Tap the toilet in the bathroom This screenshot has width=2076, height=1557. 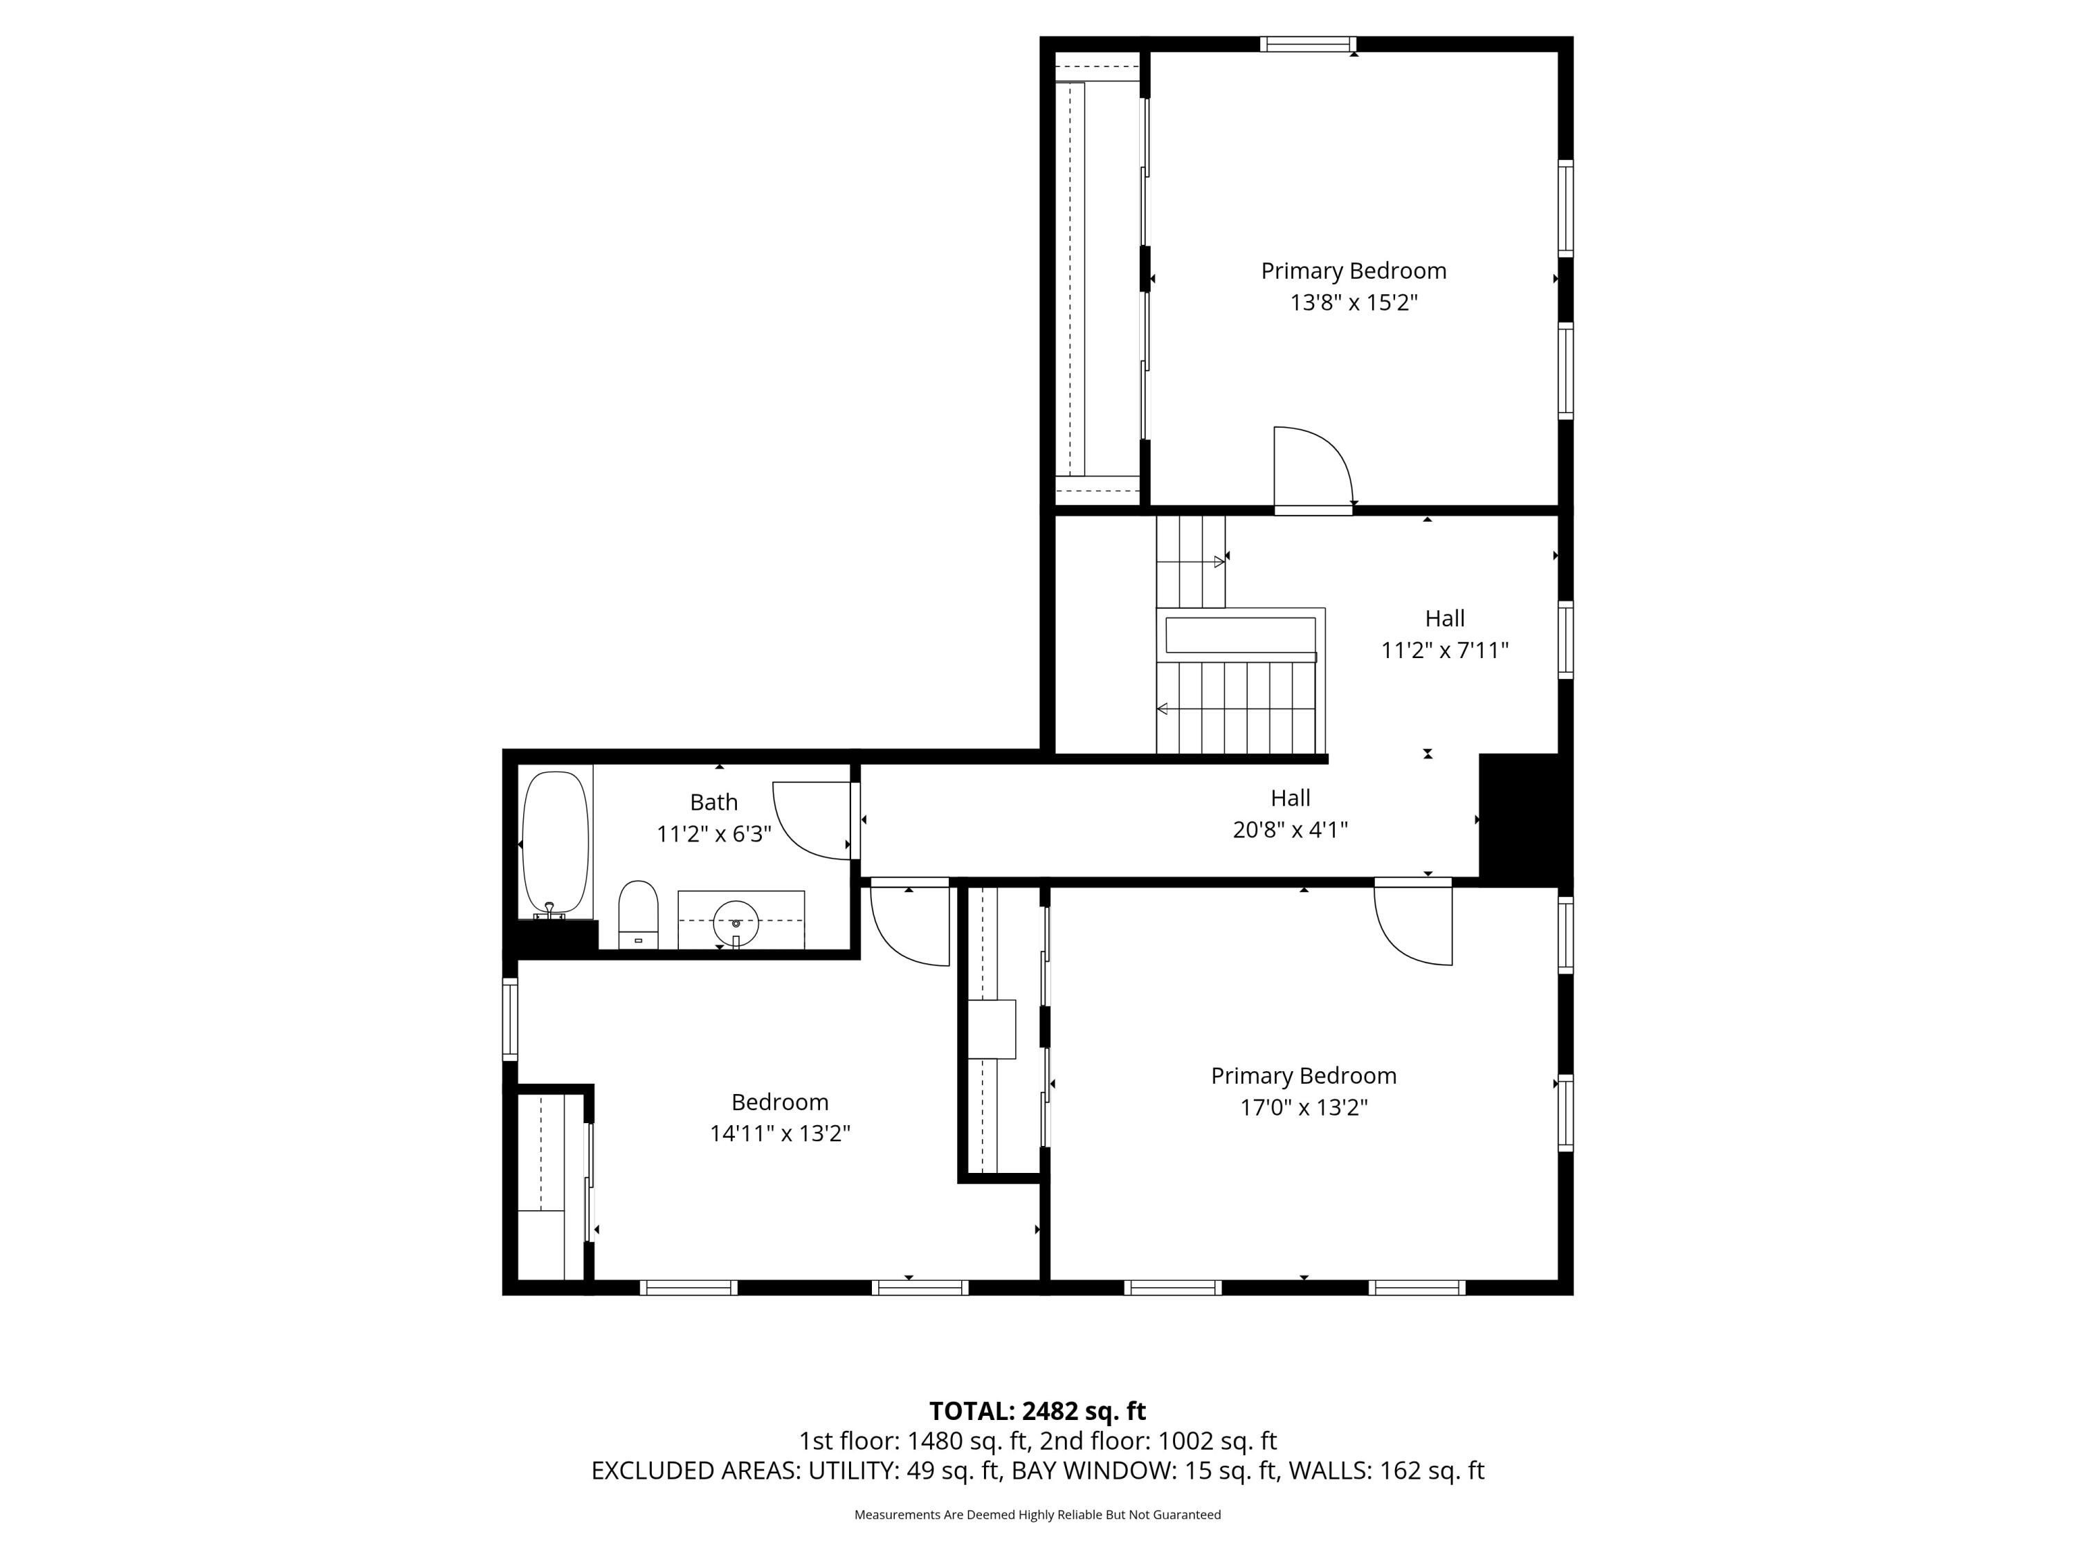point(638,914)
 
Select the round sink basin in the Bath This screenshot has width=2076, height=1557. point(736,922)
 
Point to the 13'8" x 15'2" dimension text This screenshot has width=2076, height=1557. point(1354,302)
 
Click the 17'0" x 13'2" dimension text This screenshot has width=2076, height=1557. point(1304,1107)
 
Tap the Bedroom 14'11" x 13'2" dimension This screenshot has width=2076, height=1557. point(780,1133)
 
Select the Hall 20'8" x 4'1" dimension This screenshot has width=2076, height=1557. point(1291,830)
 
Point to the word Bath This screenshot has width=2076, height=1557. point(713,803)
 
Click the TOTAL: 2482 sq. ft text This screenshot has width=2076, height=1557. point(1037,1412)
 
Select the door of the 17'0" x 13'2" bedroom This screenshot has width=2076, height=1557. point(1413,922)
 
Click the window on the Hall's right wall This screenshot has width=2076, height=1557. point(1565,639)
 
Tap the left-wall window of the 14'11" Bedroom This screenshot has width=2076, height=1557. point(509,1019)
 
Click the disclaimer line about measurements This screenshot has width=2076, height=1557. point(1037,1515)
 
